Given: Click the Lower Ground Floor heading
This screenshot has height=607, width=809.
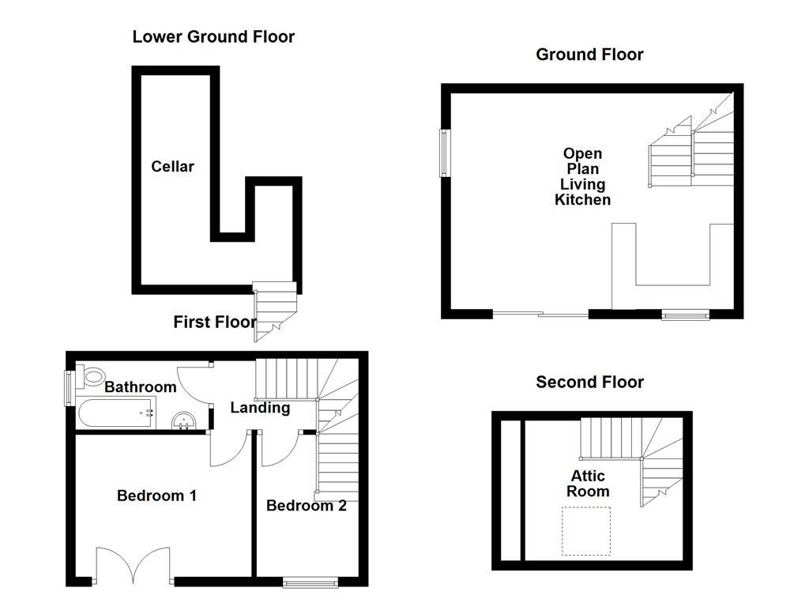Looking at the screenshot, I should pyautogui.click(x=213, y=36).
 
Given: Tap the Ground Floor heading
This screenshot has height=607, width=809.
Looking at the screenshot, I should pyautogui.click(x=589, y=55).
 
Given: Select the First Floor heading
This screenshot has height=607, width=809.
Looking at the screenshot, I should pyautogui.click(x=215, y=322).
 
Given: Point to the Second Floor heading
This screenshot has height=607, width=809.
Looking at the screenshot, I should pyautogui.click(x=589, y=383).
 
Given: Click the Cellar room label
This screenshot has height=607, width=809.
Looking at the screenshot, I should pyautogui.click(x=172, y=167).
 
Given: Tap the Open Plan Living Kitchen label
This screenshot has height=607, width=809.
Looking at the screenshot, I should pyautogui.click(x=582, y=177).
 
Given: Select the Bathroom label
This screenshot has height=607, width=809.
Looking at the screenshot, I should pyautogui.click(x=140, y=387).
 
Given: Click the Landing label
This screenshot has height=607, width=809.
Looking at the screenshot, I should pyautogui.click(x=259, y=408).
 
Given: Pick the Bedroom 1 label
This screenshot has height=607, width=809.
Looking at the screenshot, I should pyautogui.click(x=156, y=496).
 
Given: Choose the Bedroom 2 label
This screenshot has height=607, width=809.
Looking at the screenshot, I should pyautogui.click(x=306, y=506).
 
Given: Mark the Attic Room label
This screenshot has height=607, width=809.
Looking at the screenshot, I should pyautogui.click(x=589, y=484).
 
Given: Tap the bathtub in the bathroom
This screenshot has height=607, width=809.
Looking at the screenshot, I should pyautogui.click(x=115, y=413).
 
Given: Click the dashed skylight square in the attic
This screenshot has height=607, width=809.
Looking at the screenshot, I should pyautogui.click(x=586, y=530).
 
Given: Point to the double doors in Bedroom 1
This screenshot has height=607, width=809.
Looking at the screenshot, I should pyautogui.click(x=134, y=566).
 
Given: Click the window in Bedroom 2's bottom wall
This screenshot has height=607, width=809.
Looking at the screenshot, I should pyautogui.click(x=310, y=583).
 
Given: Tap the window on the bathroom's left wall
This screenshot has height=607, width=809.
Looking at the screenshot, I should pyautogui.click(x=69, y=388).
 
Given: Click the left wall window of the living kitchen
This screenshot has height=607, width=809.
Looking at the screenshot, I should pyautogui.click(x=444, y=152).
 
